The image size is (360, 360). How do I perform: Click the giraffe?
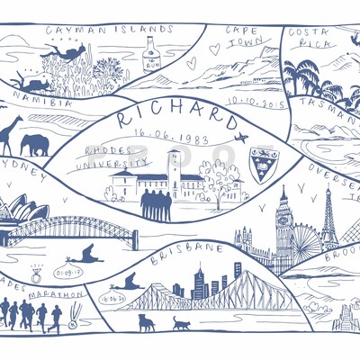click(x=10, y=135)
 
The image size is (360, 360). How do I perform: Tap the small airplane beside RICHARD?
click(x=240, y=138)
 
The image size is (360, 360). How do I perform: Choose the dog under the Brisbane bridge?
click(x=145, y=321)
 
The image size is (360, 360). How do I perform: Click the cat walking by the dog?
click(x=183, y=322)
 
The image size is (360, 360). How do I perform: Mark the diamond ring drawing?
click(x=36, y=273)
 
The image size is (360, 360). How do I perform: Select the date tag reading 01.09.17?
click(x=67, y=270)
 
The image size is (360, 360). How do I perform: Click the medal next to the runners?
click(x=73, y=316)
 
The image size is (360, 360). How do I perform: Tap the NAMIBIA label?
click(x=42, y=103)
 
